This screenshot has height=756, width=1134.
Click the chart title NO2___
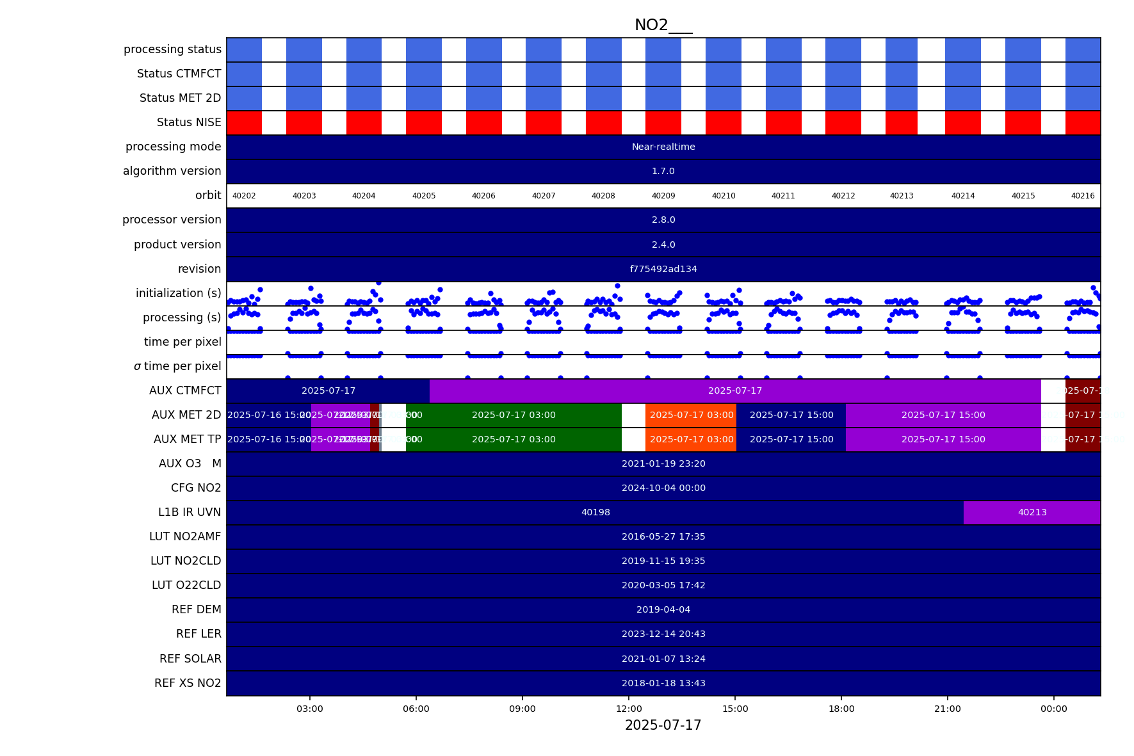click(663, 26)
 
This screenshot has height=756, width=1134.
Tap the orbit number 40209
click(663, 196)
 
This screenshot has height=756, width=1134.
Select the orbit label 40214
click(962, 196)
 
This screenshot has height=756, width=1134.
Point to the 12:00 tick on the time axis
click(629, 709)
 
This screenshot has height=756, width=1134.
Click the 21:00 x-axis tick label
click(947, 709)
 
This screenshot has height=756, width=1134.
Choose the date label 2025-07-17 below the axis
click(663, 725)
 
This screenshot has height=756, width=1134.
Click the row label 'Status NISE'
click(189, 122)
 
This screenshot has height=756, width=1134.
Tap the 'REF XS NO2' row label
click(188, 683)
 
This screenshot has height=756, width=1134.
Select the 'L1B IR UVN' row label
click(190, 512)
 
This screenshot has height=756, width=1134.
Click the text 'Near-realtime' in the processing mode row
click(663, 147)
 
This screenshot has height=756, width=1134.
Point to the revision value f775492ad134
click(663, 269)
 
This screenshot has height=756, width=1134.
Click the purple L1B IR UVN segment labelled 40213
click(1032, 512)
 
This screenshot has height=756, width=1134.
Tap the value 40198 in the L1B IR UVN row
click(595, 512)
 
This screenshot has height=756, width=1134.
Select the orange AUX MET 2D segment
click(691, 415)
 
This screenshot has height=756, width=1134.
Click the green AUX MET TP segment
click(514, 440)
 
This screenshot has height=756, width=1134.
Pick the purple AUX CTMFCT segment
click(734, 390)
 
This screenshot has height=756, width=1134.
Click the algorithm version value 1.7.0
click(663, 172)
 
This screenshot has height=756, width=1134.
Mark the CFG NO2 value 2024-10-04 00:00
click(663, 488)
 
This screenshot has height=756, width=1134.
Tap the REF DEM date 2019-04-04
click(663, 609)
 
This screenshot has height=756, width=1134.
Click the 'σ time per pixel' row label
click(177, 366)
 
